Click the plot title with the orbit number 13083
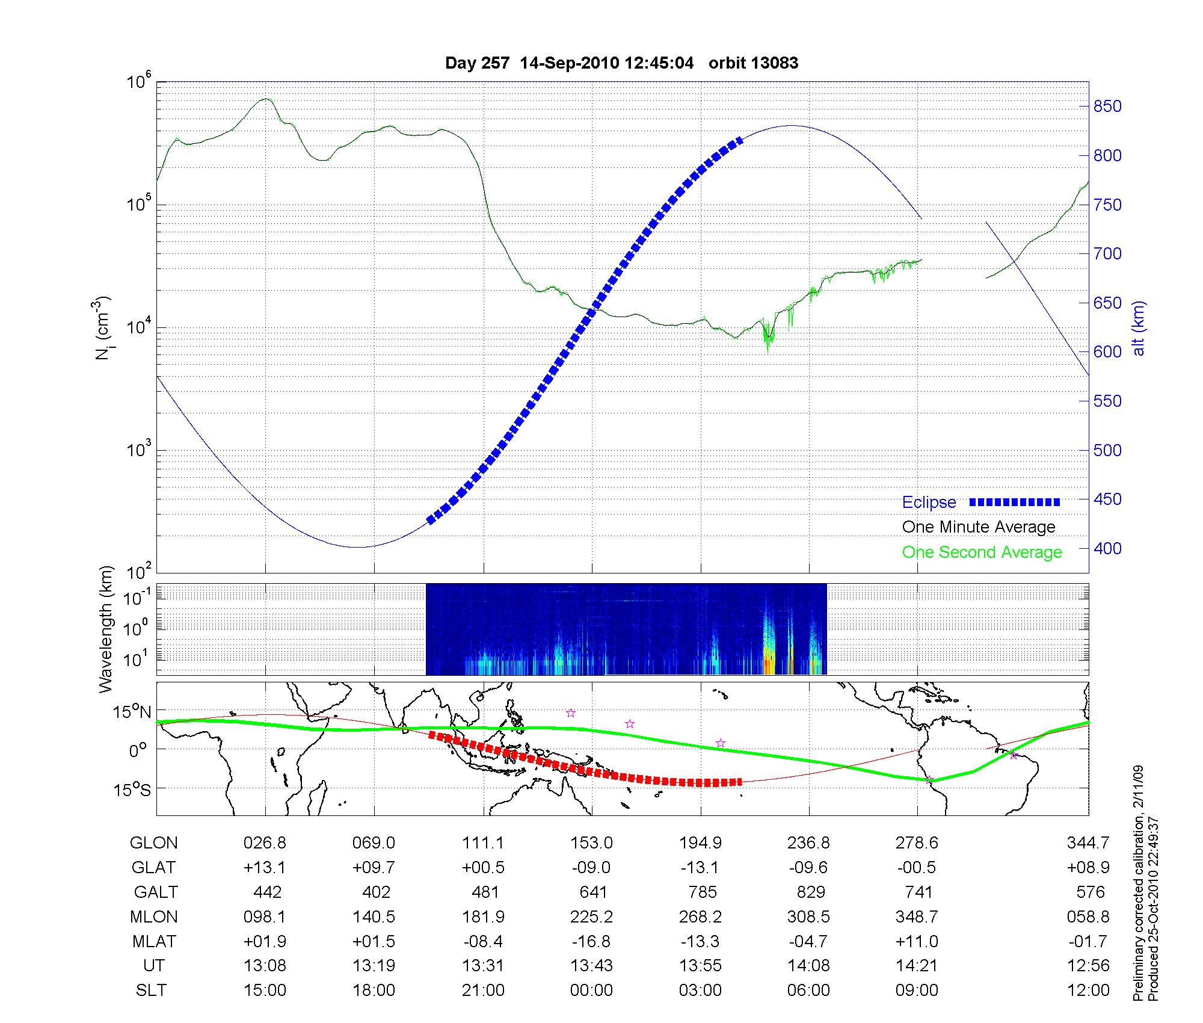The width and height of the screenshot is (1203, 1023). pos(621,63)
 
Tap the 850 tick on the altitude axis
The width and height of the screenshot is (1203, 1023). pos(1107,107)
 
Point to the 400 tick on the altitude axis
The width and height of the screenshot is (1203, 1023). pos(1107,548)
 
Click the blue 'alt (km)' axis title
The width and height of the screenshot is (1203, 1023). pos(1138,328)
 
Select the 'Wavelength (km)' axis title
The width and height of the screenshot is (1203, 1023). pos(106,629)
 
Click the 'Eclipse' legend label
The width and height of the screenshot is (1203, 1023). pos(929,502)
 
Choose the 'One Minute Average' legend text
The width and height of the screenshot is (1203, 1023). pos(979,527)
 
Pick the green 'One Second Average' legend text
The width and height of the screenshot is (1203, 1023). pos(982,552)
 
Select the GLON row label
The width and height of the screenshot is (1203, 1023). pos(153,843)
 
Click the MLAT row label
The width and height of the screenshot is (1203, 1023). pos(153,941)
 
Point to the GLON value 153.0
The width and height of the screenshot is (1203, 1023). pos(592,843)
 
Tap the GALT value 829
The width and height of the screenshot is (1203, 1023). pos(809,892)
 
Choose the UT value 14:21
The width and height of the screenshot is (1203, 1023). pos(917,966)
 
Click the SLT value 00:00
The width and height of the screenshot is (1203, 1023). pos(592,990)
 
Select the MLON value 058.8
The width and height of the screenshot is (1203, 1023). pos(1088,916)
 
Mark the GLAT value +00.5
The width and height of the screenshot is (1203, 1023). pos(483,867)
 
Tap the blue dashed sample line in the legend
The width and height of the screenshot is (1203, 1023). pos(1015,502)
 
